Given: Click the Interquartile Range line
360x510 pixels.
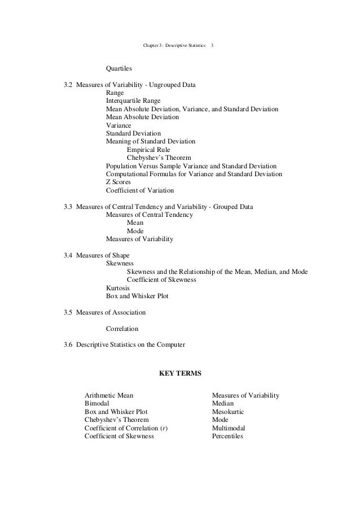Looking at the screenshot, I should coord(133,101).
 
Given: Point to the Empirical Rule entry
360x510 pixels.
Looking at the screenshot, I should coord(148,149).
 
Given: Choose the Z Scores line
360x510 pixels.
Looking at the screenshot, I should coord(118,182).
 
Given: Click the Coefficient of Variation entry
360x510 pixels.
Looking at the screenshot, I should coord(140,191).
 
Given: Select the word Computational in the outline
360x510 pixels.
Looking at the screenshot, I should coord(126,175).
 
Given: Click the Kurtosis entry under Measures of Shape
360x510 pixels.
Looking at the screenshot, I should coord(118,287).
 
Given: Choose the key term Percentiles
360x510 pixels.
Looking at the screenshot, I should coord(227,437).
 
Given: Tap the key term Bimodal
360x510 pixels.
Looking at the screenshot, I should coord(98,404).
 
